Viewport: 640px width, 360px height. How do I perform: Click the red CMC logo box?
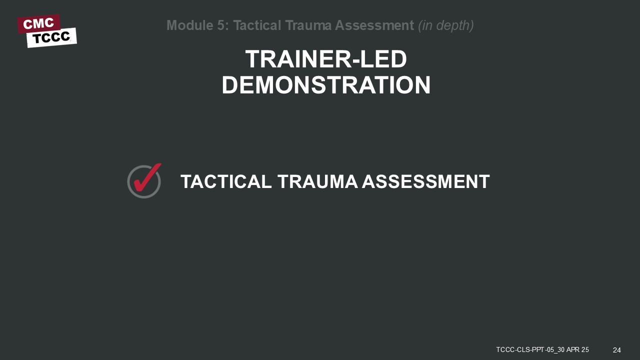pyautogui.click(x=39, y=23)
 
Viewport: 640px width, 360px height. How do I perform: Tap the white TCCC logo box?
pyautogui.click(x=51, y=37)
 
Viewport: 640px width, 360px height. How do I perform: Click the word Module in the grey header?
pyautogui.click(x=190, y=25)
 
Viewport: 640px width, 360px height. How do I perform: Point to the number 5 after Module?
pyautogui.click(x=221, y=25)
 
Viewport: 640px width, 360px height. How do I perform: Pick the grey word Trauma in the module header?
pyautogui.click(x=308, y=25)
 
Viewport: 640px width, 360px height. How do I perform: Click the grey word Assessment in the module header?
pyautogui.click(x=374, y=25)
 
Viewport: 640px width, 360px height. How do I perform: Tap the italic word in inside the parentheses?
pyautogui.click(x=425, y=25)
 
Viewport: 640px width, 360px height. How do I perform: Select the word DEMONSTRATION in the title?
pyautogui.click(x=326, y=85)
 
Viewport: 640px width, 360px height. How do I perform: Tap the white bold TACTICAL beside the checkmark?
pyautogui.click(x=226, y=181)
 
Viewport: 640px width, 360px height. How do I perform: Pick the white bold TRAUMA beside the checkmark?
pyautogui.click(x=317, y=181)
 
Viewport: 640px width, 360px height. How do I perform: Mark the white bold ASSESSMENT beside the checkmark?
pyautogui.click(x=425, y=181)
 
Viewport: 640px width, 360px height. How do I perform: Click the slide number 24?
pyautogui.click(x=617, y=350)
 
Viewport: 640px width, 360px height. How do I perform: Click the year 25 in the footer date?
pyautogui.click(x=585, y=349)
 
